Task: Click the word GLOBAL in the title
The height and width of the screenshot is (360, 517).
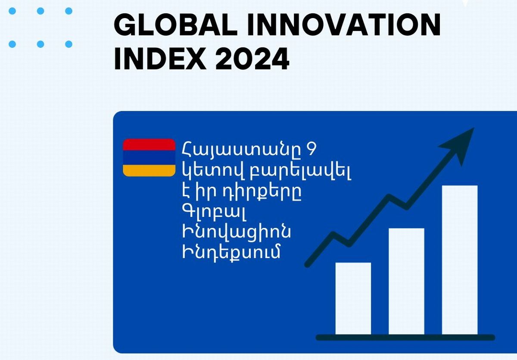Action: coord(176,25)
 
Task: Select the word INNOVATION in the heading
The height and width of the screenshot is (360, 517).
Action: coord(344,25)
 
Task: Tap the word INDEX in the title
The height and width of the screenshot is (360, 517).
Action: coord(160,58)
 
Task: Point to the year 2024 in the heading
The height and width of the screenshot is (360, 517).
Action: coord(252,58)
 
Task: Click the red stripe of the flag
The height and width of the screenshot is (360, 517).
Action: coord(149,144)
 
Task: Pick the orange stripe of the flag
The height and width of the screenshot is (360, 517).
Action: coord(149,171)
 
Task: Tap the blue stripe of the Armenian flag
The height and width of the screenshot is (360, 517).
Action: coord(149,158)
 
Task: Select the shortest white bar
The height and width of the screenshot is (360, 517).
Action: coord(353,298)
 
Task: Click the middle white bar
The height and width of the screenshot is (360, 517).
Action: coord(406,281)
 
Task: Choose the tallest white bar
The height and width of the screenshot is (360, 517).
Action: coord(460,260)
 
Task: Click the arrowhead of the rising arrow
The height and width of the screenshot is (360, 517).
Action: coord(458,144)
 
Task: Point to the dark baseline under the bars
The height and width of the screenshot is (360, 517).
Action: coord(405,338)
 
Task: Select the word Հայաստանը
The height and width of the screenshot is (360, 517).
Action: coord(242,150)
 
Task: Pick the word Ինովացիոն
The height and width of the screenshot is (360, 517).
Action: coord(237,232)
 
